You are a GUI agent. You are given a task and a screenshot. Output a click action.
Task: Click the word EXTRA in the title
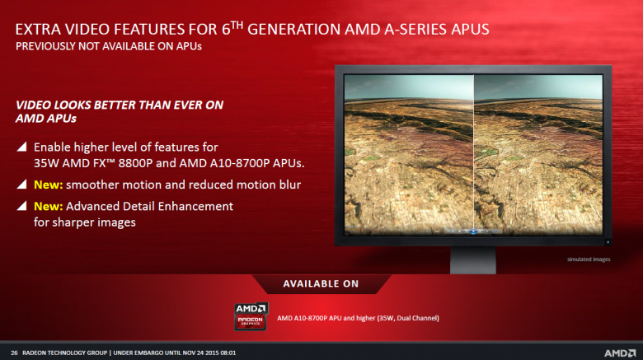click(x=39, y=30)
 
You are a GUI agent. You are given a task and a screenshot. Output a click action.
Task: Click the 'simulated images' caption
click(x=589, y=259)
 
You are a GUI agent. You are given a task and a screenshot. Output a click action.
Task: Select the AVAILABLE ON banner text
click(x=321, y=284)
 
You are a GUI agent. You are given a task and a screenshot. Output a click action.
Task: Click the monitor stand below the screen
click(x=472, y=259)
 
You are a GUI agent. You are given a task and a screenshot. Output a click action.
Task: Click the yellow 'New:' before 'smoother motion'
click(x=49, y=185)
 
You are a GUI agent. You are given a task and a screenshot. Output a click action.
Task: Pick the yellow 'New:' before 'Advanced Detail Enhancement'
click(x=49, y=206)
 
